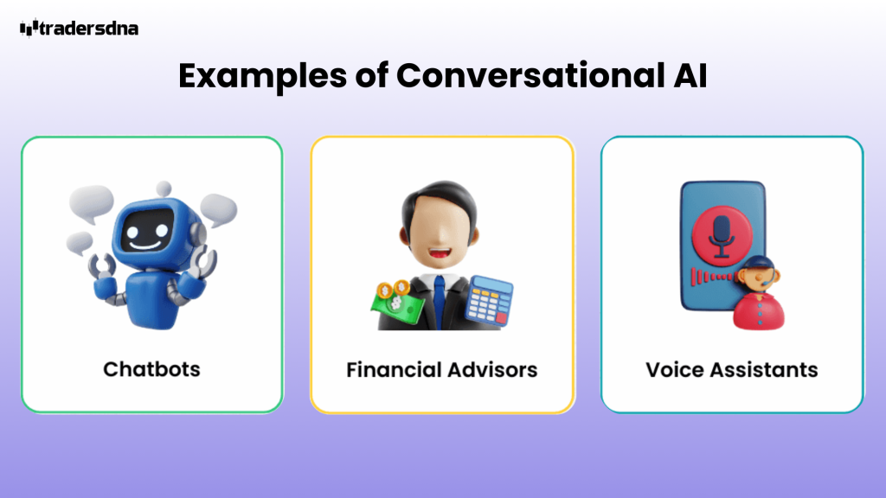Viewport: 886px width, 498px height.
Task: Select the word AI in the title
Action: [x=689, y=76]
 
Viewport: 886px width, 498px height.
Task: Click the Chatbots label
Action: [x=151, y=369]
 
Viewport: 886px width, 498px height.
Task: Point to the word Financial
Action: [x=392, y=370]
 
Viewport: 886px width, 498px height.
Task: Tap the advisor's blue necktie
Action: [x=440, y=298]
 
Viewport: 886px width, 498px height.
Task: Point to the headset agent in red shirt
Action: [x=757, y=294]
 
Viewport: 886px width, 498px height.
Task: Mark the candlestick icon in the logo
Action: [x=29, y=29]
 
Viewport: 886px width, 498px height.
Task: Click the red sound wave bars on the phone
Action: [x=712, y=277]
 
